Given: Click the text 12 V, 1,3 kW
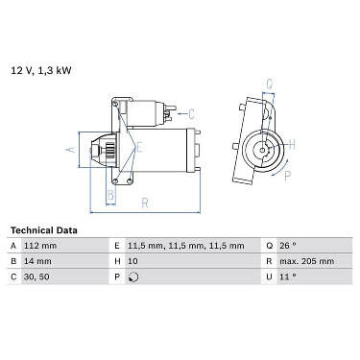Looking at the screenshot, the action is (41, 70).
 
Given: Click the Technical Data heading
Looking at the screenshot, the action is (44, 230).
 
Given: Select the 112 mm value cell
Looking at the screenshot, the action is (40, 246).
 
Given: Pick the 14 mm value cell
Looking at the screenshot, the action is (37, 261).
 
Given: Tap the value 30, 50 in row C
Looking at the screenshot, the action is (36, 276).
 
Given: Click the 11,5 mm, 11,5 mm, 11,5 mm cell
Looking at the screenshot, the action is (186, 246).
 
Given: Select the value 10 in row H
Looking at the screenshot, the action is (132, 261).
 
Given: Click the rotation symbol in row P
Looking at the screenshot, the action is (133, 276).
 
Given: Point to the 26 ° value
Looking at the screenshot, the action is (288, 246).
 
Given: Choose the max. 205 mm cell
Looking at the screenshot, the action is (307, 261).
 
